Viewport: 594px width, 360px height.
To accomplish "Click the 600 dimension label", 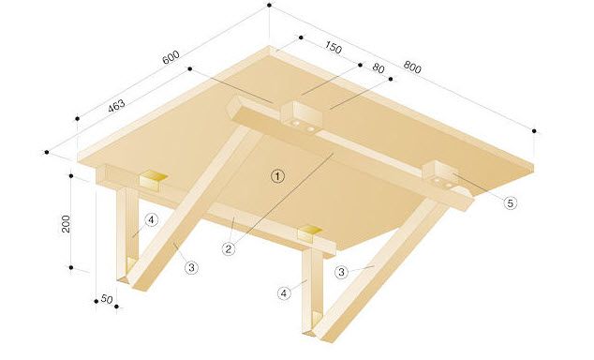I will pyautogui.click(x=170, y=58).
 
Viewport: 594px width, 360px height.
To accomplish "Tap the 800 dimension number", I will pyautogui.click(x=412, y=67).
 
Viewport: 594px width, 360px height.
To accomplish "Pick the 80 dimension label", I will pyautogui.click(x=379, y=68).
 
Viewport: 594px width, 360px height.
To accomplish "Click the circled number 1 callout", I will pyautogui.click(x=276, y=174).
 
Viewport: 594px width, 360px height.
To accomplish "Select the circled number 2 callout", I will pyautogui.click(x=228, y=248).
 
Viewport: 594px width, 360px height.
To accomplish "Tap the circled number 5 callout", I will pyautogui.click(x=510, y=201).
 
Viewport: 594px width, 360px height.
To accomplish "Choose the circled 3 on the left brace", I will pyautogui.click(x=191, y=267).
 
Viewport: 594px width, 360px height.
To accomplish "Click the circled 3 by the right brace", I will pyautogui.click(x=343, y=272).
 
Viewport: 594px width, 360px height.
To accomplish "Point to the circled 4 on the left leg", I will pyautogui.click(x=151, y=221).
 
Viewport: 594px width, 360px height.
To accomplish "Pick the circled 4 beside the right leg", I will pyautogui.click(x=284, y=292).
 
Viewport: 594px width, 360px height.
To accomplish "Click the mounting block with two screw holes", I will pyautogui.click(x=301, y=117).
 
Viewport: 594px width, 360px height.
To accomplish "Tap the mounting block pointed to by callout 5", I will pyautogui.click(x=443, y=176).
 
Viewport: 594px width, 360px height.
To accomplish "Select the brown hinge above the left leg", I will pyautogui.click(x=153, y=178).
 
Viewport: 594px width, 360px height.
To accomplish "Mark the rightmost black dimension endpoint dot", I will pyautogui.click(x=534, y=130).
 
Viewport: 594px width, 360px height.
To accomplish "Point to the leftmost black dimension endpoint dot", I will pyautogui.click(x=45, y=151).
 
